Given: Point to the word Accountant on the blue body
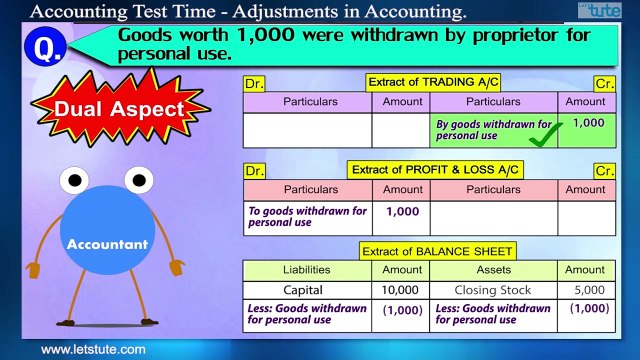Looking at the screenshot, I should [x=107, y=243].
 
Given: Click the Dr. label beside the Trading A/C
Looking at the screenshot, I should [x=255, y=84].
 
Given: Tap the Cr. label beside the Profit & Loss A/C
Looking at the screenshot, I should [x=604, y=171].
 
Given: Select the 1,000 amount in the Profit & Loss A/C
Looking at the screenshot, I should [x=402, y=211].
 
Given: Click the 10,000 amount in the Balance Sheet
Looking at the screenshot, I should [x=402, y=290].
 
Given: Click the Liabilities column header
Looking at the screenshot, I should [x=306, y=270].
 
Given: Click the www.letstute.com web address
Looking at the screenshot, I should [x=93, y=349].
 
